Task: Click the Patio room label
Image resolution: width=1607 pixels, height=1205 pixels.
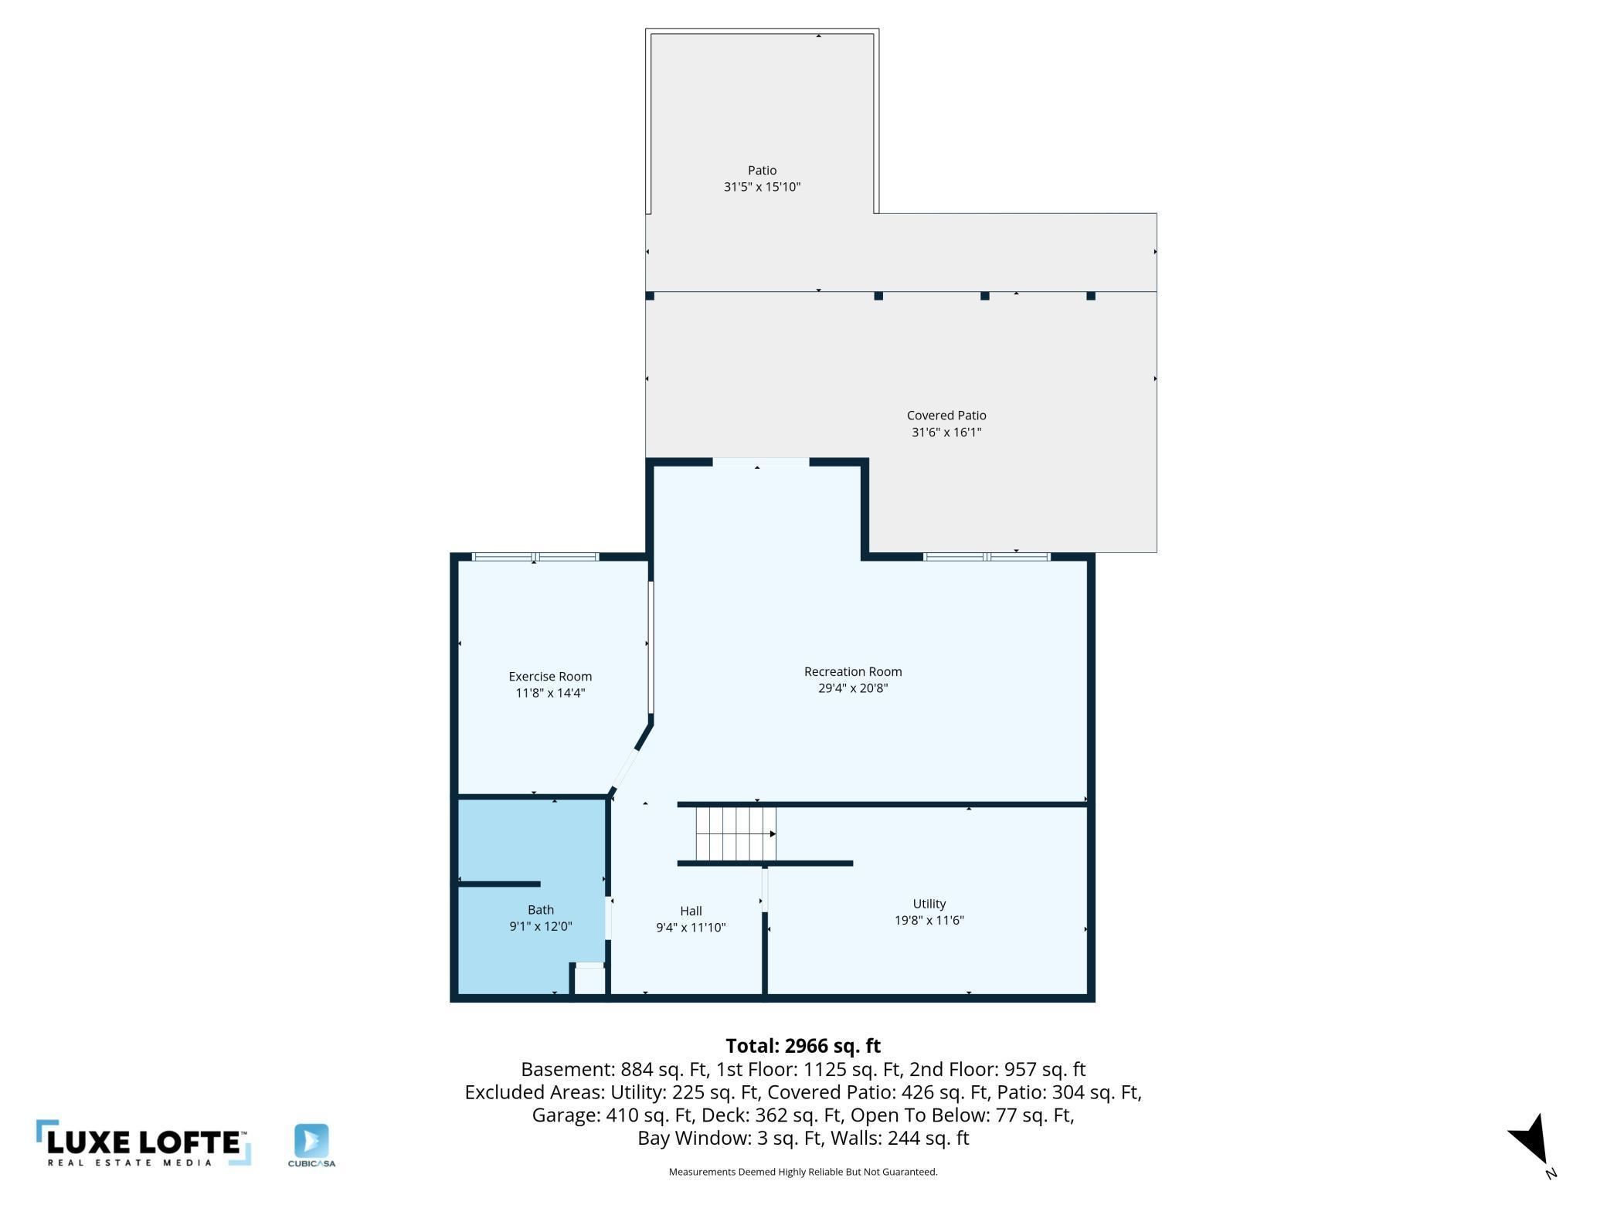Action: [x=762, y=170]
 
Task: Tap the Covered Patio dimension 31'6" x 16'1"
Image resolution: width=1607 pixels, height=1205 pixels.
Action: [x=946, y=432]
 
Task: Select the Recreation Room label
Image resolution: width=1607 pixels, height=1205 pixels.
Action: [x=852, y=671]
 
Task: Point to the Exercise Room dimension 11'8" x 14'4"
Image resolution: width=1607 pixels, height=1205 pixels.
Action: [x=550, y=693]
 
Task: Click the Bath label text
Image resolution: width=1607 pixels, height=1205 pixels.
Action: [x=540, y=909]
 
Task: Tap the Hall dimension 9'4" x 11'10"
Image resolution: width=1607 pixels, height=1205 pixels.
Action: [x=691, y=927]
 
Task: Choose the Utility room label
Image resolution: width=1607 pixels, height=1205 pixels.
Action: [x=929, y=903]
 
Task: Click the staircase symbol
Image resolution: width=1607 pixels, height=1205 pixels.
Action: [x=735, y=833]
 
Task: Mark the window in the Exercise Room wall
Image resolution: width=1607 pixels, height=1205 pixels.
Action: [x=535, y=557]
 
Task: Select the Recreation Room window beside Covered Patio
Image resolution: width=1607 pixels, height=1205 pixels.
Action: [x=987, y=557]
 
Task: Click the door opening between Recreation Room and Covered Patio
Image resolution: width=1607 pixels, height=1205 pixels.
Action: [x=760, y=463]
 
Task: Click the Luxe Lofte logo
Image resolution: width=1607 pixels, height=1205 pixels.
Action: [x=143, y=1142]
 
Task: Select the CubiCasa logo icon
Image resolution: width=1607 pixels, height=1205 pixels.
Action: [x=311, y=1140]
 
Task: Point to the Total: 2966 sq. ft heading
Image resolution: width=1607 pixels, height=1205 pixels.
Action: [x=803, y=1045]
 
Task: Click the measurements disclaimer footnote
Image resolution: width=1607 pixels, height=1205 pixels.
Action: [x=803, y=1172]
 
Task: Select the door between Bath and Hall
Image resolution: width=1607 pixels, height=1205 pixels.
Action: [x=609, y=918]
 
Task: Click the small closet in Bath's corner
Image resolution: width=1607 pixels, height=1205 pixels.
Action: [x=589, y=980]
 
